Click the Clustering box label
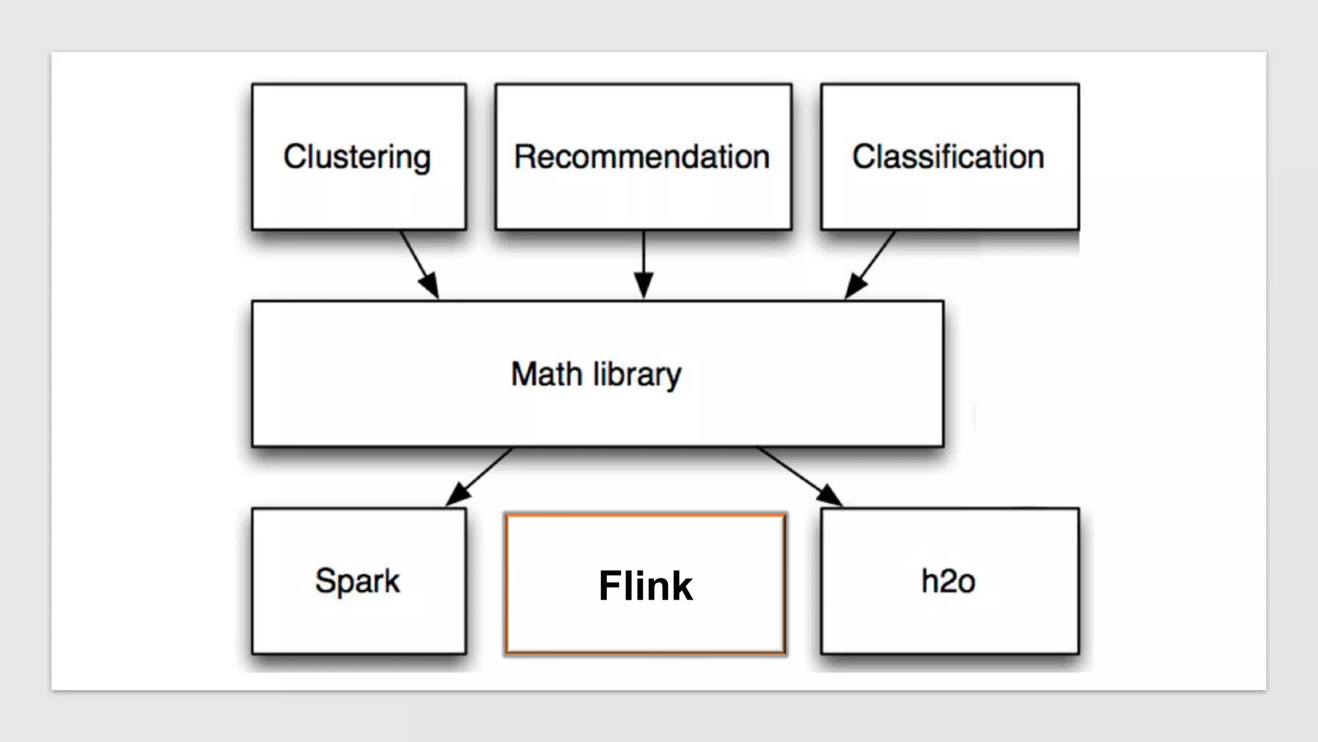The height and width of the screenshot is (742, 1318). pos(357,157)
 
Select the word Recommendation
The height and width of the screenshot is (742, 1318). pos(642,157)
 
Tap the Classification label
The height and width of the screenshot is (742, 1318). pos(948,157)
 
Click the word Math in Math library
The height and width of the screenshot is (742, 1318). pos(546,374)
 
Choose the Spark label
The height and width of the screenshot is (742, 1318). pos(357,582)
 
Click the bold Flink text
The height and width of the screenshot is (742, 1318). pos(645,585)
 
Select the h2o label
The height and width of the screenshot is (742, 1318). pos(948,581)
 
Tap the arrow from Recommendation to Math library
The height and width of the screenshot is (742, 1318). pos(644,258)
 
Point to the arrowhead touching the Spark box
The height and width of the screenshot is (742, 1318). pos(457,496)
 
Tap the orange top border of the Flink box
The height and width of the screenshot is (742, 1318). pos(645,515)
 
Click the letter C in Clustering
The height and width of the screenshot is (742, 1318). pos(294,157)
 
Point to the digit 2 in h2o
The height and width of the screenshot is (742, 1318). pos(948,582)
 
